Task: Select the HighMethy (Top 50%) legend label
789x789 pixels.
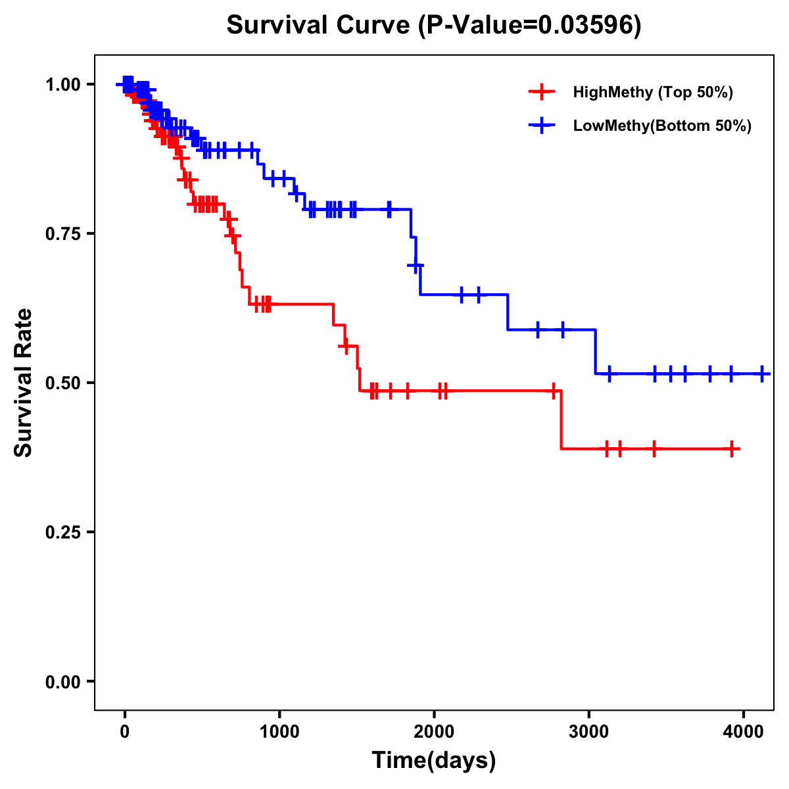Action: (653, 92)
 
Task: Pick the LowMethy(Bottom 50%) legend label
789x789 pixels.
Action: (662, 126)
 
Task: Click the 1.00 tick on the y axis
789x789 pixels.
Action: (62, 84)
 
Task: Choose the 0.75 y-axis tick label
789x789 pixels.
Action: (62, 233)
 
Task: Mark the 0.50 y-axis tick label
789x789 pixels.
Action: (62, 383)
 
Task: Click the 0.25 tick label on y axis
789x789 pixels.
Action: (62, 532)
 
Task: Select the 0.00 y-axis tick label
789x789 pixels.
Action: (62, 682)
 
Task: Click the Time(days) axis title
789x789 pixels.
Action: (434, 761)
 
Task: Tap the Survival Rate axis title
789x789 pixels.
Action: (24, 383)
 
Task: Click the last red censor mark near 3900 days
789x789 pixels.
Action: (732, 449)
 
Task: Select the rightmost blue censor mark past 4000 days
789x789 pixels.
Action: (762, 373)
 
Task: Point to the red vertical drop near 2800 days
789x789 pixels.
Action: (562, 421)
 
